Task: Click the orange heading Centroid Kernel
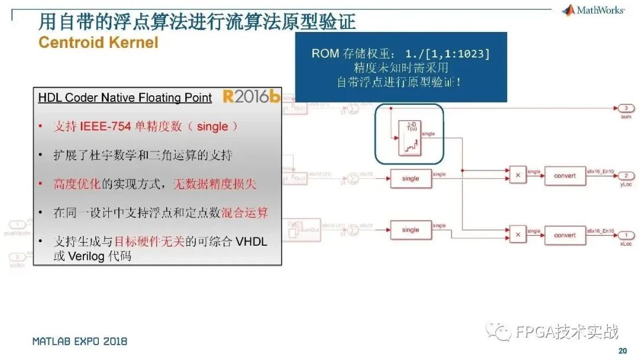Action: point(98,43)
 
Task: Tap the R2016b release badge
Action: point(251,97)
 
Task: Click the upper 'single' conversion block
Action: point(410,178)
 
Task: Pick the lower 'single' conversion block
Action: point(410,230)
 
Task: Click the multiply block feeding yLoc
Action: point(518,176)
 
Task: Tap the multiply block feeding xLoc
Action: point(518,235)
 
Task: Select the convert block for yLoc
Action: point(564,176)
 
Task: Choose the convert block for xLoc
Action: point(564,235)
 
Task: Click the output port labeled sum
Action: point(626,108)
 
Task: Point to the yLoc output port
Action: point(626,176)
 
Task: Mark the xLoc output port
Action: point(626,235)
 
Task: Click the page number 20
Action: point(622,351)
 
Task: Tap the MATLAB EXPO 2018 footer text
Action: point(79,342)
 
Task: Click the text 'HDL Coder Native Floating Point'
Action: point(125,98)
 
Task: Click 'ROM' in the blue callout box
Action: point(325,53)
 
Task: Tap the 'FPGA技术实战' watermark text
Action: point(566,332)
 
